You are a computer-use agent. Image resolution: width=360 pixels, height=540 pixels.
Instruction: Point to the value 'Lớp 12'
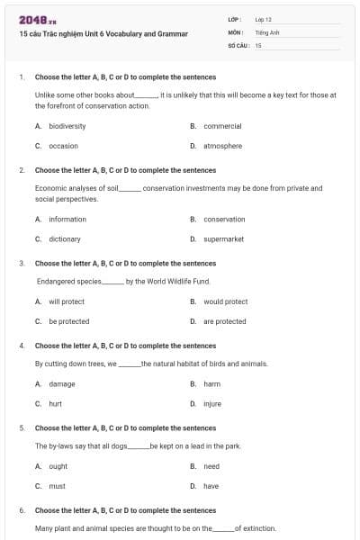coord(263,19)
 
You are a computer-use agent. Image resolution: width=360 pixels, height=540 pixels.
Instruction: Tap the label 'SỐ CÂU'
coord(237,44)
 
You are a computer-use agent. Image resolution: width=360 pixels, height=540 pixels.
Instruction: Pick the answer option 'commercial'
coord(222,126)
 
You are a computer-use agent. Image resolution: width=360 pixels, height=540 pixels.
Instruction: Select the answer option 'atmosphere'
coord(222,146)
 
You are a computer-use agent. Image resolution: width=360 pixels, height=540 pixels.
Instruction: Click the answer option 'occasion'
coord(63,146)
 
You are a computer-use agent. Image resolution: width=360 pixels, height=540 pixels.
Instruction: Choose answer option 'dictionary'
coord(65,239)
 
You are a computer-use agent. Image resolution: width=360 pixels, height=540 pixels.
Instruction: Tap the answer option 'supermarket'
coord(224,239)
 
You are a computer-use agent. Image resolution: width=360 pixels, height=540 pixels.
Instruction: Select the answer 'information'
coord(67,220)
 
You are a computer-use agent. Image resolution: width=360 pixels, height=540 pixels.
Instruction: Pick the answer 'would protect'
coord(225,301)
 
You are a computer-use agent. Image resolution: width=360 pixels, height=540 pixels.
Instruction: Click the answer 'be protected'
coord(69,321)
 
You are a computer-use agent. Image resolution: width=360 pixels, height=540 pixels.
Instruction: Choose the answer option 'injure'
coord(212,403)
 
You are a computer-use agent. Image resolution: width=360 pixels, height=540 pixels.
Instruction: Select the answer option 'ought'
coord(58,466)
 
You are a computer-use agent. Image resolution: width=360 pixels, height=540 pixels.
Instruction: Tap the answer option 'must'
coord(57,486)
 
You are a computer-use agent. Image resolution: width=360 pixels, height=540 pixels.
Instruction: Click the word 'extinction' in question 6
coord(256,528)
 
